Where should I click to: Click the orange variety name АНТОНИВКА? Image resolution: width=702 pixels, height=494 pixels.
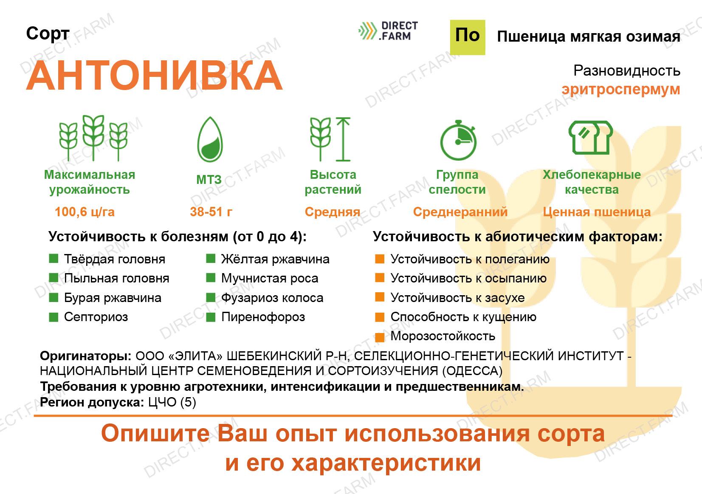click(154, 76)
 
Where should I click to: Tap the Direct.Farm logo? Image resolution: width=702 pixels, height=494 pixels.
click(388, 31)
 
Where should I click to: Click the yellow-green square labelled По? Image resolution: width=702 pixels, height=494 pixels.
click(468, 37)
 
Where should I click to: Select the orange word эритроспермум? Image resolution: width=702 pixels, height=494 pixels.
click(620, 90)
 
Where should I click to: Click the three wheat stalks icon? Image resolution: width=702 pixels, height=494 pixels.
click(93, 138)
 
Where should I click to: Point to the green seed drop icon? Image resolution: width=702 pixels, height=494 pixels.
click(210, 139)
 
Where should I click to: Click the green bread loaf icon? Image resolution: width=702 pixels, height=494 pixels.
click(591, 137)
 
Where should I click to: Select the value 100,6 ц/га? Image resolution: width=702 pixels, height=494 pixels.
click(85, 212)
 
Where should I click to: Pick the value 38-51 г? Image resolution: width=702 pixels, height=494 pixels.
click(211, 212)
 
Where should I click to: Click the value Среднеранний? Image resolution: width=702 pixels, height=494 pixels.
click(460, 212)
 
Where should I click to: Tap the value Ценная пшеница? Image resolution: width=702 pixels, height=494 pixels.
click(597, 212)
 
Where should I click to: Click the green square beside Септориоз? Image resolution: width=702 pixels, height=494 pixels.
click(54, 317)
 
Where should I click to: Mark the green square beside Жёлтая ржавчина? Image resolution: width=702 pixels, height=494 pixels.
click(211, 259)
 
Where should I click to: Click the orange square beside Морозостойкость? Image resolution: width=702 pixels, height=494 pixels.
click(380, 337)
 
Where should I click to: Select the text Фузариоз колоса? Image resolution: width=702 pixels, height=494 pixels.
click(272, 298)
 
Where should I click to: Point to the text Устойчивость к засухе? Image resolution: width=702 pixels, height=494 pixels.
click(457, 298)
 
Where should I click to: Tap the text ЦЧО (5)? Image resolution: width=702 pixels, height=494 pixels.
click(172, 403)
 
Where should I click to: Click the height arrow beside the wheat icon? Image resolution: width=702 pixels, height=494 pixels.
click(344, 139)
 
